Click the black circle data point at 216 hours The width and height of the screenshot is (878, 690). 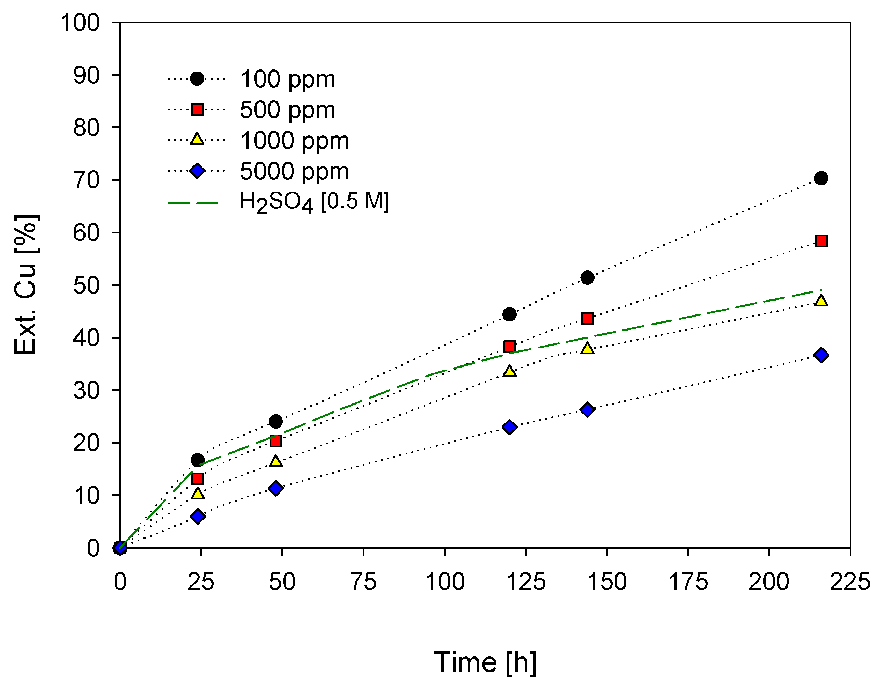[821, 178]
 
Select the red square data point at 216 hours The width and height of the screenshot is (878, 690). [821, 241]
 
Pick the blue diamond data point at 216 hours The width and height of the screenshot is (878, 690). [821, 355]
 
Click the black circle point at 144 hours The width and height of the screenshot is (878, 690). [587, 277]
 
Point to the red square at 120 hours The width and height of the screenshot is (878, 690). [509, 346]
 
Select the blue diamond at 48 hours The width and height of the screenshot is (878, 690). [275, 488]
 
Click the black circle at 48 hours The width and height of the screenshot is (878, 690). [275, 421]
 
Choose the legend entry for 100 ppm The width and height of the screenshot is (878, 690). [288, 79]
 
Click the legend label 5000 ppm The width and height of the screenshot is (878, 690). [294, 171]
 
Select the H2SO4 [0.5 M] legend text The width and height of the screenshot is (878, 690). [314, 202]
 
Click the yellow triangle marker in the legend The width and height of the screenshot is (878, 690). [197, 140]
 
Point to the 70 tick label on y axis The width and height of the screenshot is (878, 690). [86, 180]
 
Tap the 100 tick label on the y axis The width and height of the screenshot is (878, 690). [80, 23]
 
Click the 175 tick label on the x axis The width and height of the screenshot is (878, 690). [688, 582]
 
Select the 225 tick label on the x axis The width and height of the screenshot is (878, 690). [850, 582]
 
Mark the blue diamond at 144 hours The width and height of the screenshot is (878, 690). [587, 410]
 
